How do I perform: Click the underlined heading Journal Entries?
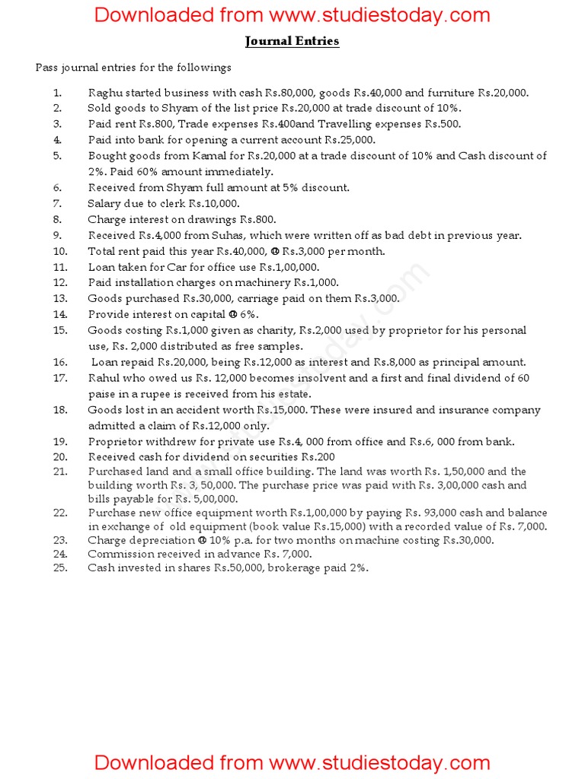click(292, 41)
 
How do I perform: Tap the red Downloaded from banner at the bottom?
click(292, 762)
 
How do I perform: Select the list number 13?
click(61, 299)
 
